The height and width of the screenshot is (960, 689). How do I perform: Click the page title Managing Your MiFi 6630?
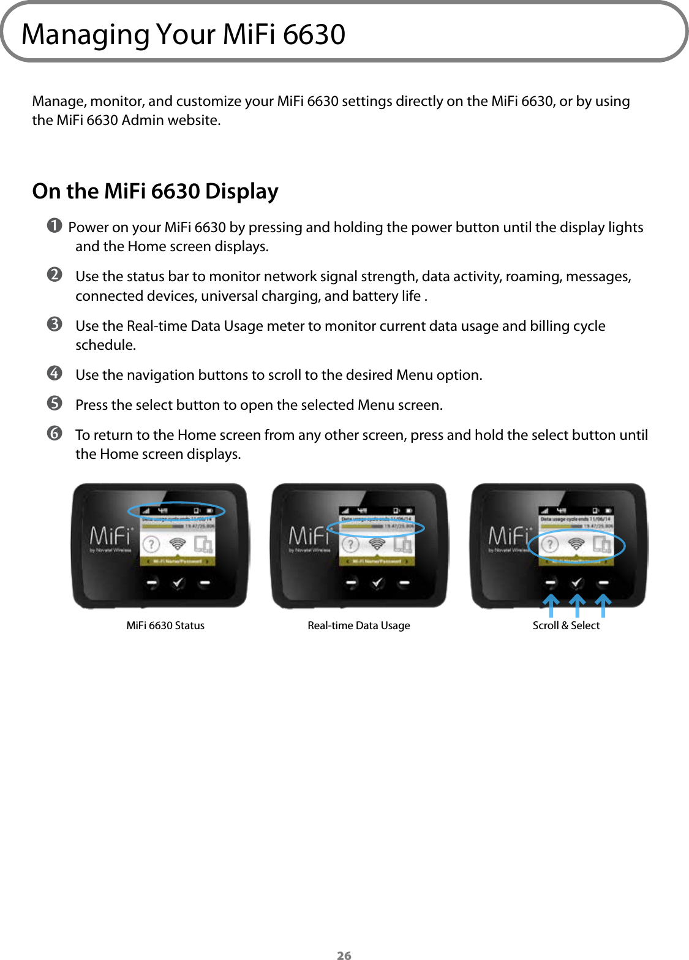coord(183,34)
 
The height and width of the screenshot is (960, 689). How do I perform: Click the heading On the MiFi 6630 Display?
coord(155,191)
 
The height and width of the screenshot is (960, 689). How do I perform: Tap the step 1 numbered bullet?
coord(55,226)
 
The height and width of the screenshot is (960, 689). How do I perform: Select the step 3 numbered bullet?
coord(55,324)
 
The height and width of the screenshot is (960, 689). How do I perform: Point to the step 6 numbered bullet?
coord(55,433)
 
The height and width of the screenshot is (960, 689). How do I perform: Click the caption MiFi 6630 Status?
coord(165,626)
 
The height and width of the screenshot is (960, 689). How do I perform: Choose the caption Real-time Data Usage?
coord(359,626)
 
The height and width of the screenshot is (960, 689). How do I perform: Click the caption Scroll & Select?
coord(566,626)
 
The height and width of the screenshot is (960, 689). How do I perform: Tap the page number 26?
coord(344,954)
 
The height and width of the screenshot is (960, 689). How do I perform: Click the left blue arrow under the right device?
coord(551,605)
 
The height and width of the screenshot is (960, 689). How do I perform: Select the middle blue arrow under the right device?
coord(577,605)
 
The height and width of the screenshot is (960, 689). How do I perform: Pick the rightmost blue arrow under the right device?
coord(603,605)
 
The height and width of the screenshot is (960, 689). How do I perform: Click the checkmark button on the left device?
coord(178,583)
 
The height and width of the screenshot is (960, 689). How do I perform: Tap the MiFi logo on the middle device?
coord(309,536)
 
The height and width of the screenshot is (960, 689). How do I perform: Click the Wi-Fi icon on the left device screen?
coord(177,544)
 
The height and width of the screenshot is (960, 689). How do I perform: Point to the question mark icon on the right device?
coord(549,544)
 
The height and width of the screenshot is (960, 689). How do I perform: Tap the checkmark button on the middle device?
coord(377,583)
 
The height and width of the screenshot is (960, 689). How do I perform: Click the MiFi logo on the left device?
coord(110,536)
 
